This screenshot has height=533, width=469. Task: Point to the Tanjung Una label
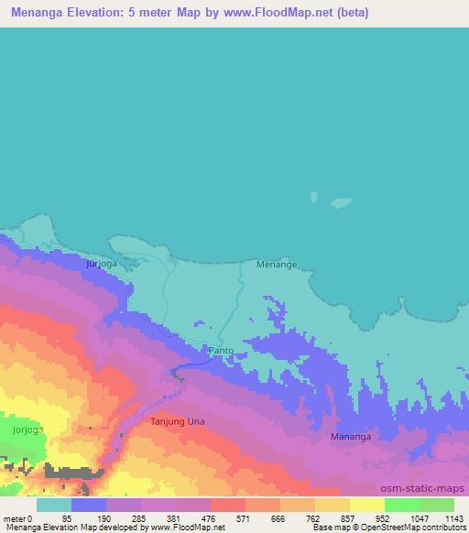[177, 422]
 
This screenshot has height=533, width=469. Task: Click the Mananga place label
[351, 438]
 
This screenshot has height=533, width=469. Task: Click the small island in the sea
[314, 197]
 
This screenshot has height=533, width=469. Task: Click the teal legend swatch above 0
[54, 505]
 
